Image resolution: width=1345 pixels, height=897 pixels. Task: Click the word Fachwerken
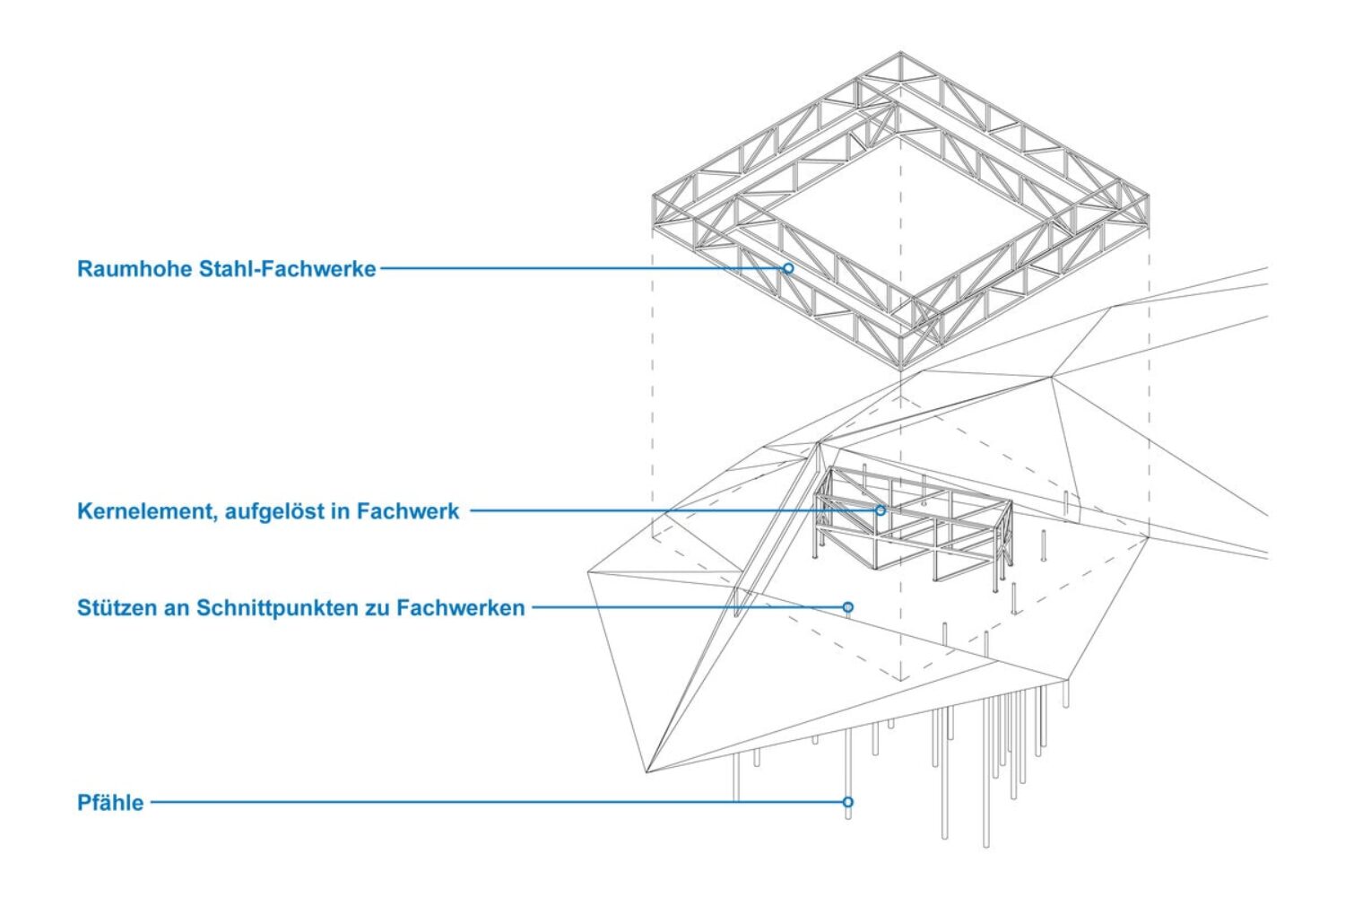click(x=460, y=608)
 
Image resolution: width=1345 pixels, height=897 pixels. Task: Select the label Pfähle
click(x=110, y=803)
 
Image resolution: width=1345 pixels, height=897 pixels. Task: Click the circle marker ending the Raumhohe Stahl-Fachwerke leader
click(x=788, y=268)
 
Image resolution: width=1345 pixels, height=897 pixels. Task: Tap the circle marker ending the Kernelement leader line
click(x=881, y=510)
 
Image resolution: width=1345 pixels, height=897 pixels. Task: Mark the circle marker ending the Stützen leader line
click(x=848, y=607)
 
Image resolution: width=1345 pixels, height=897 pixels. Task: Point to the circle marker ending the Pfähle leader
click(x=848, y=802)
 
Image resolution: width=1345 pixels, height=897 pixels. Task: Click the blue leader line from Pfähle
click(x=493, y=802)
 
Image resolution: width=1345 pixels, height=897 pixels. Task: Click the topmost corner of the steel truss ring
click(x=901, y=53)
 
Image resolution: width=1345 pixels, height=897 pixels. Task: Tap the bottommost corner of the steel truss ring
click(x=900, y=368)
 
